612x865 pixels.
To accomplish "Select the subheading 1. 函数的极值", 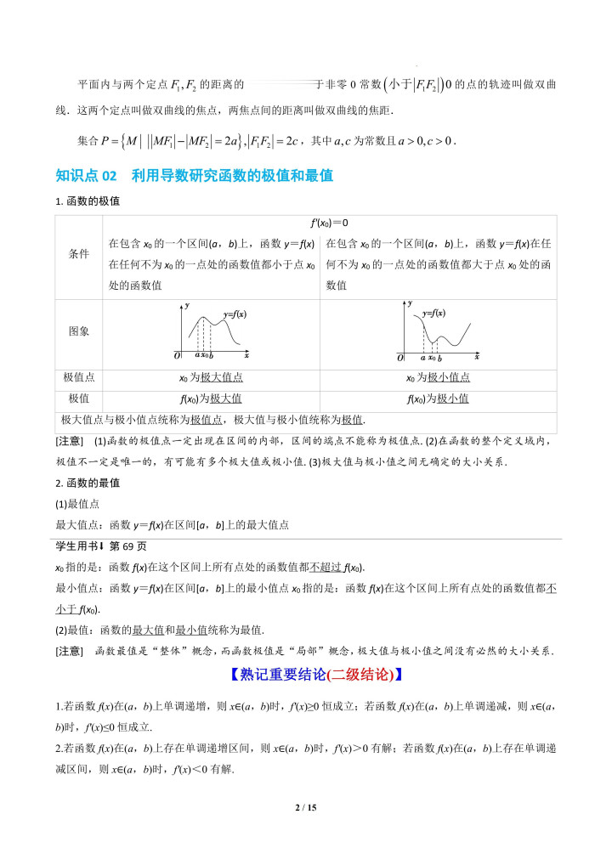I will (88, 201).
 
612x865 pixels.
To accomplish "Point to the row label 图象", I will (78, 331).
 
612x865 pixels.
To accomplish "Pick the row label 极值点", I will (78, 377).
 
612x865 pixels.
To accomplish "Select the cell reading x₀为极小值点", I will (438, 377).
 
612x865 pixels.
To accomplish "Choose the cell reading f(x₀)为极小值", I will (438, 399).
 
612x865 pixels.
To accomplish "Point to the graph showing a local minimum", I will (439, 331).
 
